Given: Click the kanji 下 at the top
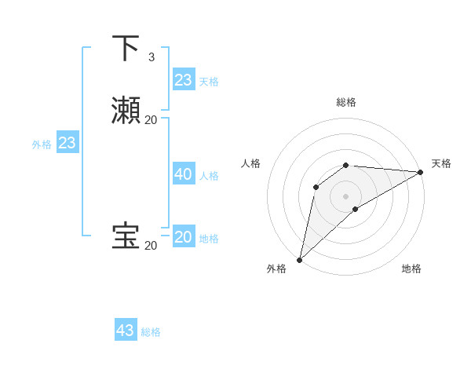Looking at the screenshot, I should click(x=126, y=49).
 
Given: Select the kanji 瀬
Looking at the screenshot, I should click(x=126, y=111).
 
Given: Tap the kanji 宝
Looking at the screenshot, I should click(x=126, y=237).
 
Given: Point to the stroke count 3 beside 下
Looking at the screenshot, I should click(x=152, y=57).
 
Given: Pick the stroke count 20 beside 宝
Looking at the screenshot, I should click(x=151, y=245).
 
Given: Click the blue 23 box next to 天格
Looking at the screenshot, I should click(x=184, y=80).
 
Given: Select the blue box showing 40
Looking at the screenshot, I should click(x=184, y=174).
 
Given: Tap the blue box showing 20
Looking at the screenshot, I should click(x=184, y=237).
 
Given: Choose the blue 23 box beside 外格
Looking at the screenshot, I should click(x=67, y=143).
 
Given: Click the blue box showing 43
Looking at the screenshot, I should click(x=126, y=330).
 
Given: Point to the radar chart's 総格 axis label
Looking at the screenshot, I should click(x=346, y=102).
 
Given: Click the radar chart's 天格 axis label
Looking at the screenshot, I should click(x=441, y=163).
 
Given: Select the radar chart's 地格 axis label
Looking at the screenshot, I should click(x=411, y=269).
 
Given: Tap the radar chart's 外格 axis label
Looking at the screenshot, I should click(x=276, y=269).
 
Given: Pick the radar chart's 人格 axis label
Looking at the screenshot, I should click(x=250, y=163).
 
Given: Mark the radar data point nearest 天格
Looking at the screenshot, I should click(x=421, y=172).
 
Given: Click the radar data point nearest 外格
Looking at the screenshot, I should click(x=299, y=260).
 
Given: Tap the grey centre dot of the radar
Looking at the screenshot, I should click(x=346, y=196).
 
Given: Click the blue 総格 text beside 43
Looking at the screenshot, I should click(x=151, y=332).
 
